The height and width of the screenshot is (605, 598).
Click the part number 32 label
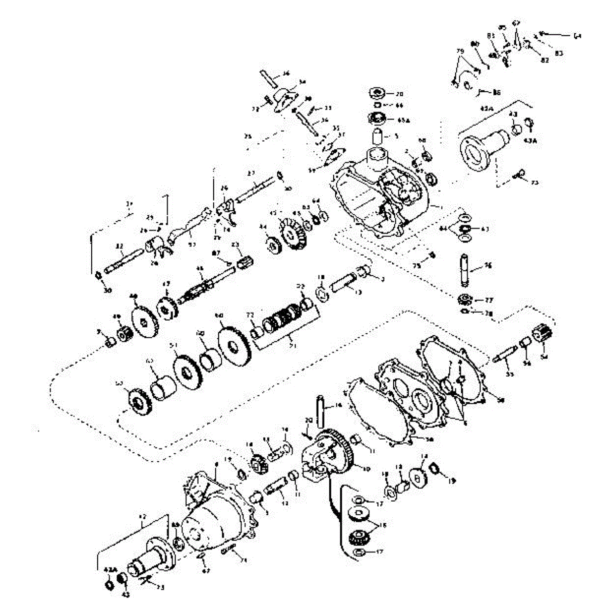119,247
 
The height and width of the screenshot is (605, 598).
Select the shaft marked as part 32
125,262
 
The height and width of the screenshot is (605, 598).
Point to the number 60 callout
219,315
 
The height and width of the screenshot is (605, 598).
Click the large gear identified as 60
234,345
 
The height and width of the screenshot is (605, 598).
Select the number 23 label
234,245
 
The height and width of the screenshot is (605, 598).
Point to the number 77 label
489,300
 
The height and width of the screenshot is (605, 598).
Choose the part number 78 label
489,313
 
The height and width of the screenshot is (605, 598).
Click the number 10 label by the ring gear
366,468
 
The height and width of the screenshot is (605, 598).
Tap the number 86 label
497,93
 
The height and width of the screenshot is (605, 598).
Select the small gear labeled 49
124,334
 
